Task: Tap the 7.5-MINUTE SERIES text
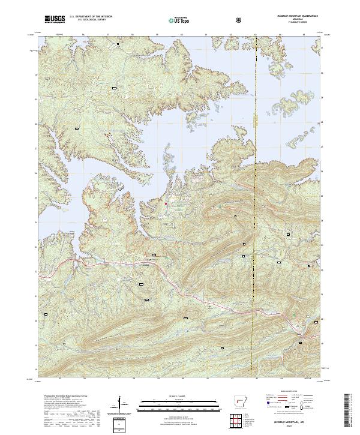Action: click(290, 23)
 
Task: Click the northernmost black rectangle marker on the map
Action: click(118, 44)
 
